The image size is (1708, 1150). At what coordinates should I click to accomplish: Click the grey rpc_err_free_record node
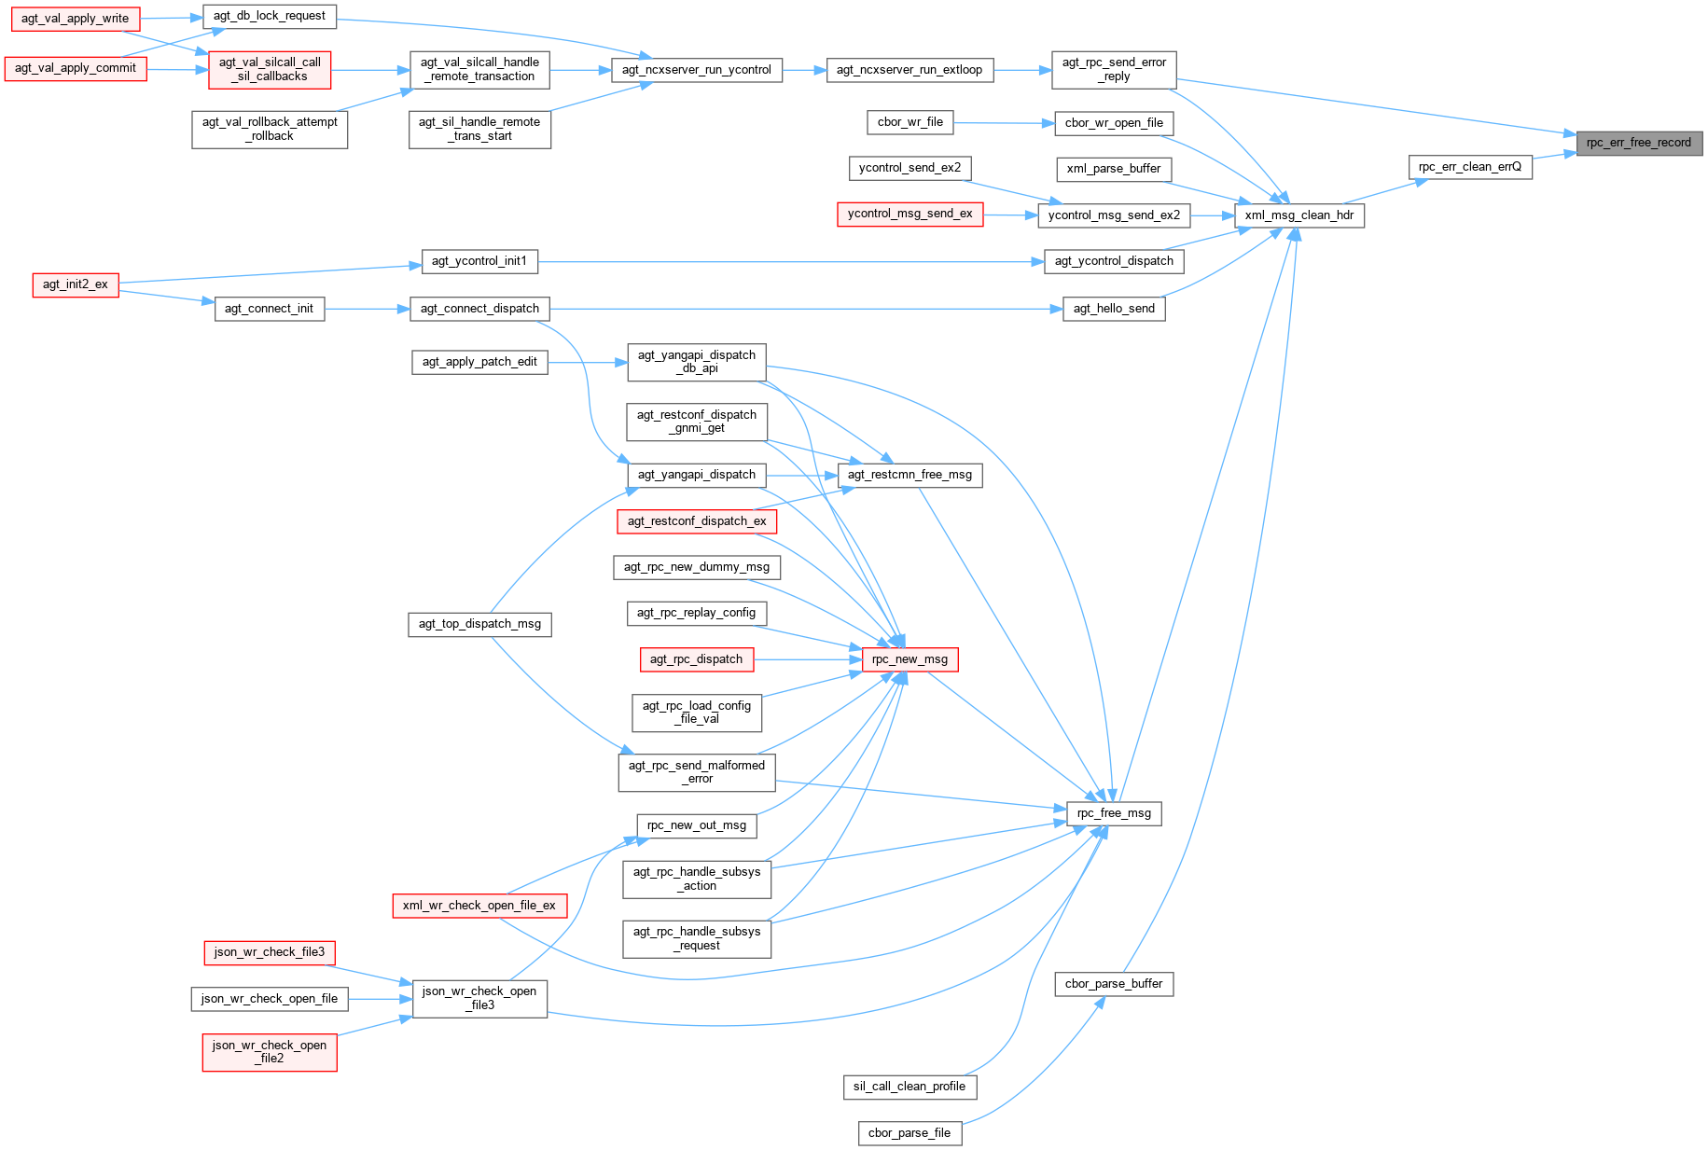pyautogui.click(x=1638, y=143)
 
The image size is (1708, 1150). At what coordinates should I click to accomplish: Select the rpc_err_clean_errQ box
pyautogui.click(x=1469, y=167)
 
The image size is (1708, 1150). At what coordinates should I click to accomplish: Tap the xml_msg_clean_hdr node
pyautogui.click(x=1298, y=215)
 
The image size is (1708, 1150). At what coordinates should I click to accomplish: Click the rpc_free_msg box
pyautogui.click(x=1114, y=813)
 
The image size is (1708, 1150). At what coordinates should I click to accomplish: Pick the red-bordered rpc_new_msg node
pyautogui.click(x=910, y=659)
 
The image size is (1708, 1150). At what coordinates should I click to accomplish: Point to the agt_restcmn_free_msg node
pyautogui.click(x=910, y=475)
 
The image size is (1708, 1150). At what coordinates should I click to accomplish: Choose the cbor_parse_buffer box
pyautogui.click(x=1114, y=984)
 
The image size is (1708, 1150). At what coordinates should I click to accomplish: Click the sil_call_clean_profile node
pyautogui.click(x=910, y=1087)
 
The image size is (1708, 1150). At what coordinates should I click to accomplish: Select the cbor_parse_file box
pyautogui.click(x=910, y=1133)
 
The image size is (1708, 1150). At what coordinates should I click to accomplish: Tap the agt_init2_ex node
pyautogui.click(x=76, y=284)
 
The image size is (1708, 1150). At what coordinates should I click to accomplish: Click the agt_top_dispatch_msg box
pyautogui.click(x=479, y=624)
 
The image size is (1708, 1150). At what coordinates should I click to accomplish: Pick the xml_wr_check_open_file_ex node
pyautogui.click(x=479, y=906)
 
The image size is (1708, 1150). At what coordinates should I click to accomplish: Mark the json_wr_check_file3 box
pyautogui.click(x=270, y=952)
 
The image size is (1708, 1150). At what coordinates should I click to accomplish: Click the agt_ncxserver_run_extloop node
pyautogui.click(x=910, y=70)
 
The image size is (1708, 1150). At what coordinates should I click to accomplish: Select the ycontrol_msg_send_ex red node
pyautogui.click(x=910, y=214)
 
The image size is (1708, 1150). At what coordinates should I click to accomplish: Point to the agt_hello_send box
pyautogui.click(x=1114, y=309)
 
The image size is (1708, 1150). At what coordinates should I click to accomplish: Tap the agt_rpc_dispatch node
pyautogui.click(x=697, y=659)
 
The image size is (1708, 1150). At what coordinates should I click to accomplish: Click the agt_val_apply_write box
pyautogui.click(x=76, y=19)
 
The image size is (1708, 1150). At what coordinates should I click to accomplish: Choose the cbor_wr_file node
pyautogui.click(x=910, y=122)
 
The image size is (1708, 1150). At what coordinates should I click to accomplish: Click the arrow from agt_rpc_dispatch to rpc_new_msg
pyautogui.click(x=808, y=659)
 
